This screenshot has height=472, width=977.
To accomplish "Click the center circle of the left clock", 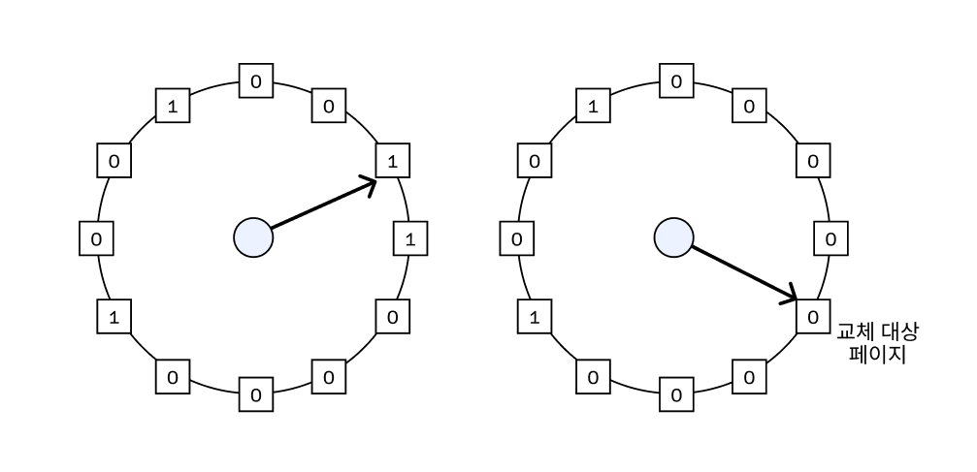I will pyautogui.click(x=253, y=237).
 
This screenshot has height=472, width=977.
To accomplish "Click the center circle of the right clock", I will pyautogui.click(x=673, y=237).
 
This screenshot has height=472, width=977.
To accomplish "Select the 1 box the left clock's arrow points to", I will pyautogui.click(x=392, y=162).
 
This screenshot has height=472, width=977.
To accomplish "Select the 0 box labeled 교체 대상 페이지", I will pyautogui.click(x=812, y=316).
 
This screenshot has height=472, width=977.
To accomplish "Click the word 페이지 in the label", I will pyautogui.click(x=876, y=355).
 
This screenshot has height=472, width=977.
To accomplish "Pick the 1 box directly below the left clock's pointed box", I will pyautogui.click(x=409, y=238).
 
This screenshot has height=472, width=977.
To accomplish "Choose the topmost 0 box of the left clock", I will pyautogui.click(x=256, y=82).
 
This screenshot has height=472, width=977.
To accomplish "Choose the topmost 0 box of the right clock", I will pyautogui.click(x=676, y=82).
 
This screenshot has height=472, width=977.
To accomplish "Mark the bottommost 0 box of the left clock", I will pyautogui.click(x=256, y=394).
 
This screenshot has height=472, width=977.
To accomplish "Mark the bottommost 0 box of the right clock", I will pyautogui.click(x=676, y=394).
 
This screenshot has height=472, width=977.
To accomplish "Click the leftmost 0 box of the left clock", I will pyautogui.click(x=95, y=237).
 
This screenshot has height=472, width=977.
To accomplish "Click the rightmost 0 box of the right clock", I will pyautogui.click(x=830, y=238).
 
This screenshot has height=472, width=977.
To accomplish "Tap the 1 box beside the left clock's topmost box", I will pyautogui.click(x=173, y=107).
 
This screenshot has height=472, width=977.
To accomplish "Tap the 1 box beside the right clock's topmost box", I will pyautogui.click(x=593, y=107).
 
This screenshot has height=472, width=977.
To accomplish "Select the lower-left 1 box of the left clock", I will pyautogui.click(x=114, y=316).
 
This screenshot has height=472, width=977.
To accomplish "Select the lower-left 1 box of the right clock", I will pyautogui.click(x=535, y=316).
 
